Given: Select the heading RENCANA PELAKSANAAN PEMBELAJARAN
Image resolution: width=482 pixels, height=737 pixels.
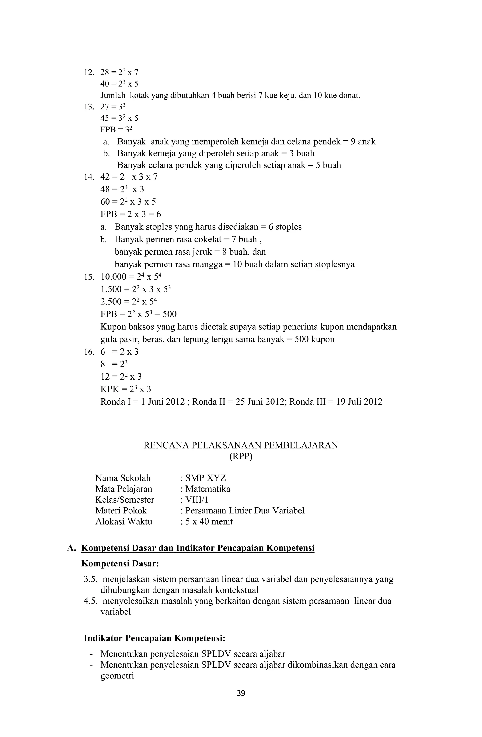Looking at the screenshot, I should tap(241, 445).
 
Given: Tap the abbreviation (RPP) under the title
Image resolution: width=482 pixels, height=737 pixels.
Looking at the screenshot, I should tap(241, 457).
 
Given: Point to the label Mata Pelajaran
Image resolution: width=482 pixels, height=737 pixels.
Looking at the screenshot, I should tap(124, 489).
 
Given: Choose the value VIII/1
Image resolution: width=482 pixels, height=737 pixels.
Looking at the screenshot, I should tap(197, 500).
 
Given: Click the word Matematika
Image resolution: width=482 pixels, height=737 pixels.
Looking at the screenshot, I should tap(208, 489).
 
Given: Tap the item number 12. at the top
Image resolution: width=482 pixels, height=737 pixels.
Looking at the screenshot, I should tap(89, 72).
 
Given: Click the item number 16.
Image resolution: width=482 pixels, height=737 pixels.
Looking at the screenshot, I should tap(89, 352).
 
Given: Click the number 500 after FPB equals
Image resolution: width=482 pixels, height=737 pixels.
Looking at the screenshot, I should tap(169, 314).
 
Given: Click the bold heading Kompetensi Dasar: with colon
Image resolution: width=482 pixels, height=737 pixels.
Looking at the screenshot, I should tap(120, 563).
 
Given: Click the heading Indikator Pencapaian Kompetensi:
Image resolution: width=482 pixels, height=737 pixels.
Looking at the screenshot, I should tap(154, 638).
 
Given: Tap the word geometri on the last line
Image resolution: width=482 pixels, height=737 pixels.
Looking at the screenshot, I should tap(117, 676).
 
